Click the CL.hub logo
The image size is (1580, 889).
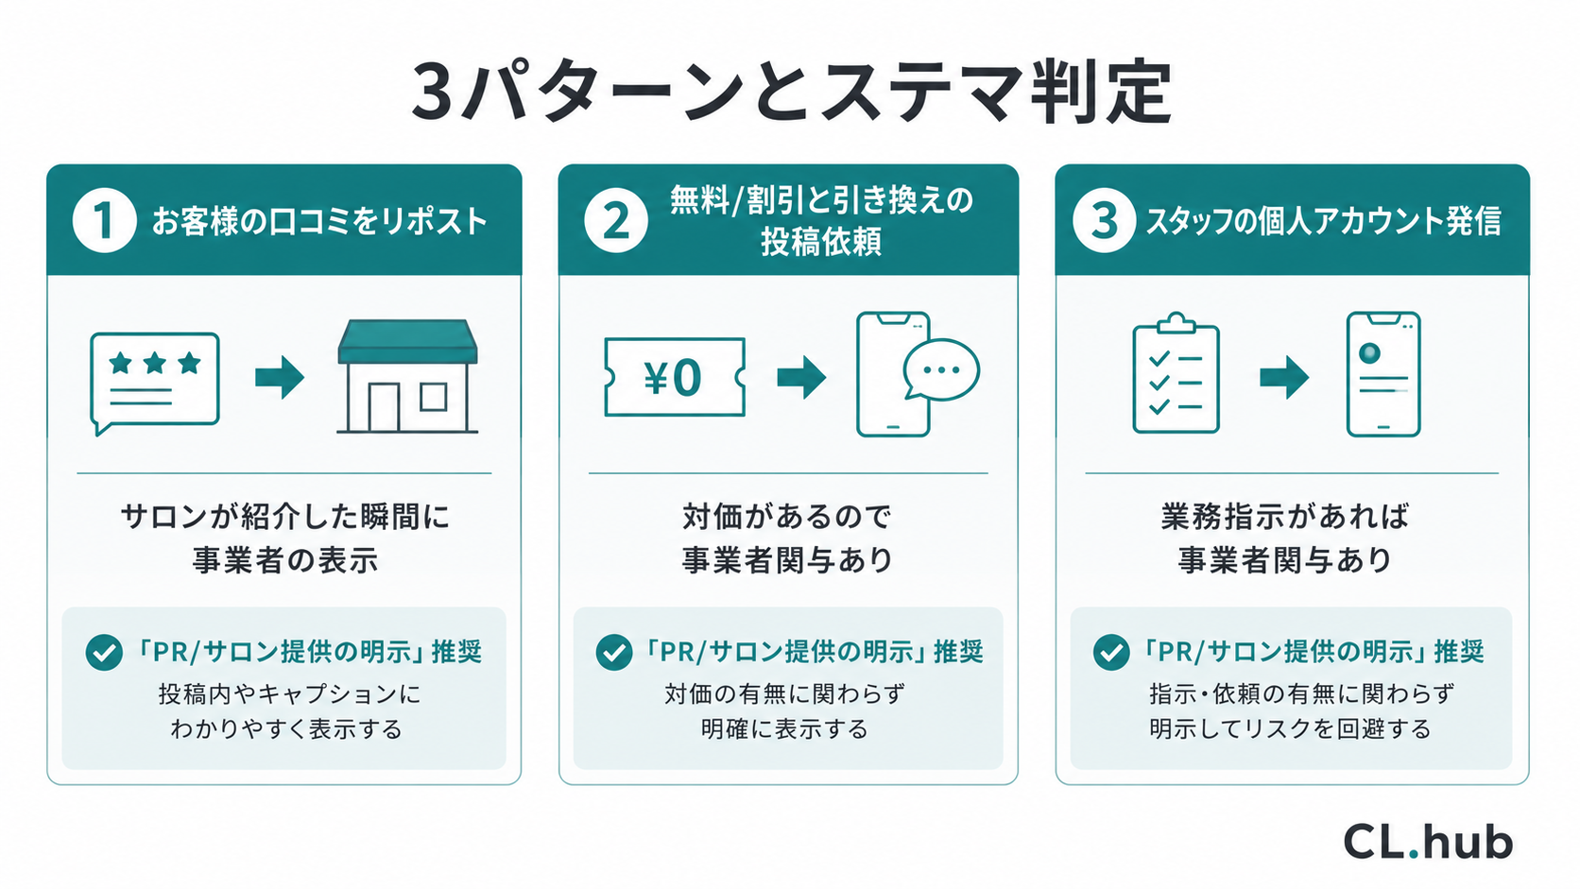[1428, 841]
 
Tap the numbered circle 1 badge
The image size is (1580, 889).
[104, 221]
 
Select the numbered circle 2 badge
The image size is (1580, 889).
[616, 221]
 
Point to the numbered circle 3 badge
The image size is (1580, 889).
[1104, 221]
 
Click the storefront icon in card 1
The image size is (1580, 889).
[407, 376]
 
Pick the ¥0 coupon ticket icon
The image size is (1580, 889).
[675, 377]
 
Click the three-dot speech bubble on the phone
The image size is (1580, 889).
[941, 371]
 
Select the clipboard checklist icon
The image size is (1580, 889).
[1176, 373]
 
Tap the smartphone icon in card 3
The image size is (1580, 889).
[1383, 374]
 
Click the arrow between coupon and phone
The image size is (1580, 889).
[801, 377]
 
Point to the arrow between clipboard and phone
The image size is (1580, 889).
[1283, 377]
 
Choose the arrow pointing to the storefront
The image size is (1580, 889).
[280, 377]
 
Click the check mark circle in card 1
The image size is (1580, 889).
[104, 652]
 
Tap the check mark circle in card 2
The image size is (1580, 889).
[613, 652]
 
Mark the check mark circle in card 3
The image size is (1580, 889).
[1111, 652]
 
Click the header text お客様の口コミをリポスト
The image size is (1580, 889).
[319, 221]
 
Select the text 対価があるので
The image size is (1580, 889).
[787, 517]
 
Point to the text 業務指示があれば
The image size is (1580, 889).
[1284, 517]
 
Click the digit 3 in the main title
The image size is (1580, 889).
[432, 93]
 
